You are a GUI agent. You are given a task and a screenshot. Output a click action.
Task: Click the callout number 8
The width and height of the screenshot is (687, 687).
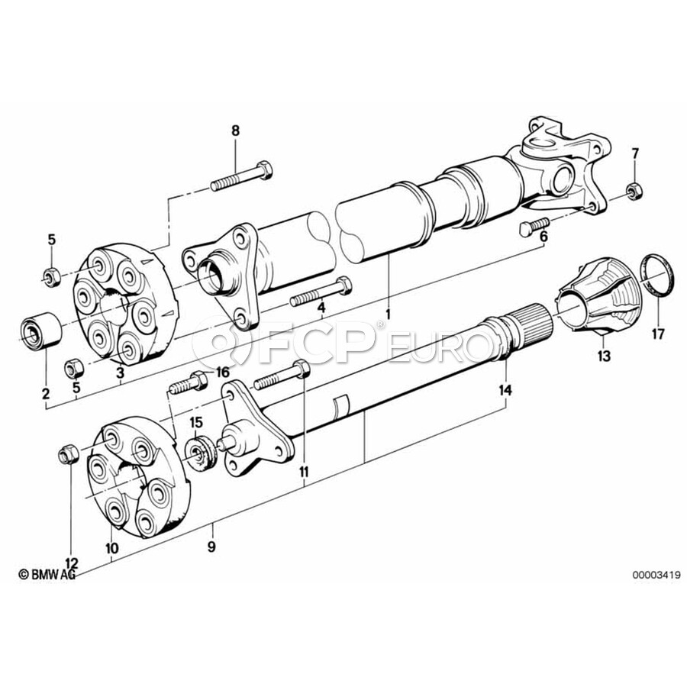tap(236, 131)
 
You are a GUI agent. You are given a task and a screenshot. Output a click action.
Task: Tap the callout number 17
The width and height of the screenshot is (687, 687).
tap(658, 334)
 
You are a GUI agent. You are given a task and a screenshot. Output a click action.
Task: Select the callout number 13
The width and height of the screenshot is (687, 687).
tap(604, 356)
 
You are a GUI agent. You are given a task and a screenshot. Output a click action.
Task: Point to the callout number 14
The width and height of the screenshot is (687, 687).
tap(505, 389)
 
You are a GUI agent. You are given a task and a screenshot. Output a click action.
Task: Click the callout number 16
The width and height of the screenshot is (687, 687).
tap(223, 373)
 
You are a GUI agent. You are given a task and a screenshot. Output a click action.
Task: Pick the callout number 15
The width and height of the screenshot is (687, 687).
tap(196, 423)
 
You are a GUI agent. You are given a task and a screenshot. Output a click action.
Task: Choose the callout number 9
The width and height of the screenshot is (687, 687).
tap(211, 547)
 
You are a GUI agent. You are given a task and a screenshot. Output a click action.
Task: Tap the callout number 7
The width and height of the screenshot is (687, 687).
tap(635, 153)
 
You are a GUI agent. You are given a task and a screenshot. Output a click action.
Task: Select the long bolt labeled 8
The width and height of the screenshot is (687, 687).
tap(241, 176)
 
